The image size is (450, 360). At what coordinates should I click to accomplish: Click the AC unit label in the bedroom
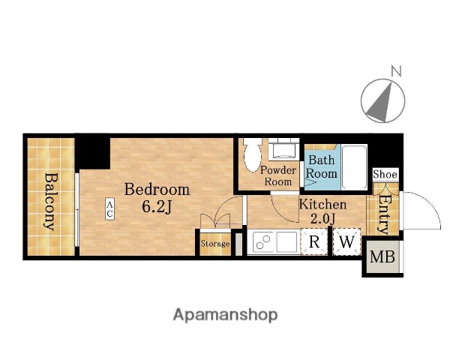(x=109, y=208)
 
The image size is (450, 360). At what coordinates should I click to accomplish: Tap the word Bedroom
(x=157, y=190)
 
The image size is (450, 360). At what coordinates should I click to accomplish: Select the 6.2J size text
(x=157, y=207)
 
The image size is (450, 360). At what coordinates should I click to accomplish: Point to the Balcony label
(x=51, y=202)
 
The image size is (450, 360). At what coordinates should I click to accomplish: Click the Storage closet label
(x=215, y=244)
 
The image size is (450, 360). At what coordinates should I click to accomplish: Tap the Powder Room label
(x=278, y=175)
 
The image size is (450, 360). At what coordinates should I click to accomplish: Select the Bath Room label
(x=322, y=166)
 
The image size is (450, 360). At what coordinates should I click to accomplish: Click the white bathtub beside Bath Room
(x=355, y=167)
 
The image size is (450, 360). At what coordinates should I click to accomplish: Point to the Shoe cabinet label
(x=385, y=174)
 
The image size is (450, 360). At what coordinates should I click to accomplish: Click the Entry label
(x=383, y=214)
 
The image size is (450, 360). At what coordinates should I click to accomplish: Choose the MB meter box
(x=382, y=256)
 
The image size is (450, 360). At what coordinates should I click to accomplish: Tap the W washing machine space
(x=346, y=241)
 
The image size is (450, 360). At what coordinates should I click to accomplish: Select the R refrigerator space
(x=314, y=241)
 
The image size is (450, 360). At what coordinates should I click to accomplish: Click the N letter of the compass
(x=396, y=71)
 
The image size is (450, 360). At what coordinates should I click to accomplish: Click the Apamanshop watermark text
(x=225, y=315)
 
